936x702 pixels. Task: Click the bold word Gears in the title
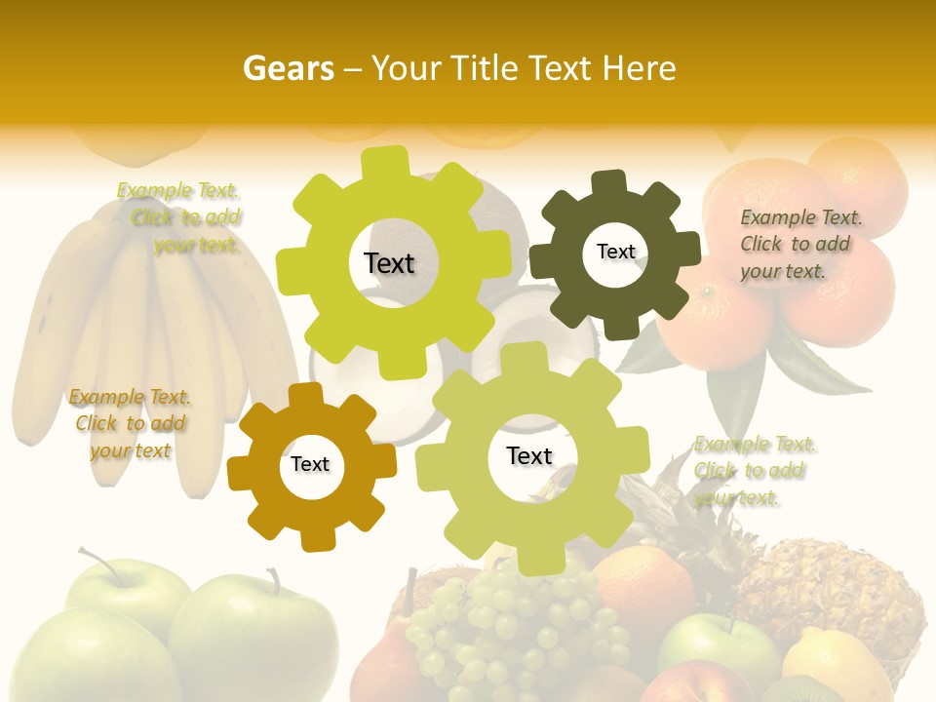point(288,68)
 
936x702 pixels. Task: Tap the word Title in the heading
point(488,68)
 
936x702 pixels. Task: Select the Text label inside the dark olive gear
point(615,252)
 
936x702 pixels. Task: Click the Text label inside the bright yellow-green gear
point(389,263)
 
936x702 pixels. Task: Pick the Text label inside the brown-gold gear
point(310,464)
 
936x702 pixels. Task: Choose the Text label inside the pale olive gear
point(529,455)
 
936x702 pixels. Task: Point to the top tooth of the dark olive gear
point(609,181)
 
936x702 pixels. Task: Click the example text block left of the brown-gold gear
point(130,423)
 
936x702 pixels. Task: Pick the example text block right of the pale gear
point(754,471)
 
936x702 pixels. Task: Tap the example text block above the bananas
point(181,217)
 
